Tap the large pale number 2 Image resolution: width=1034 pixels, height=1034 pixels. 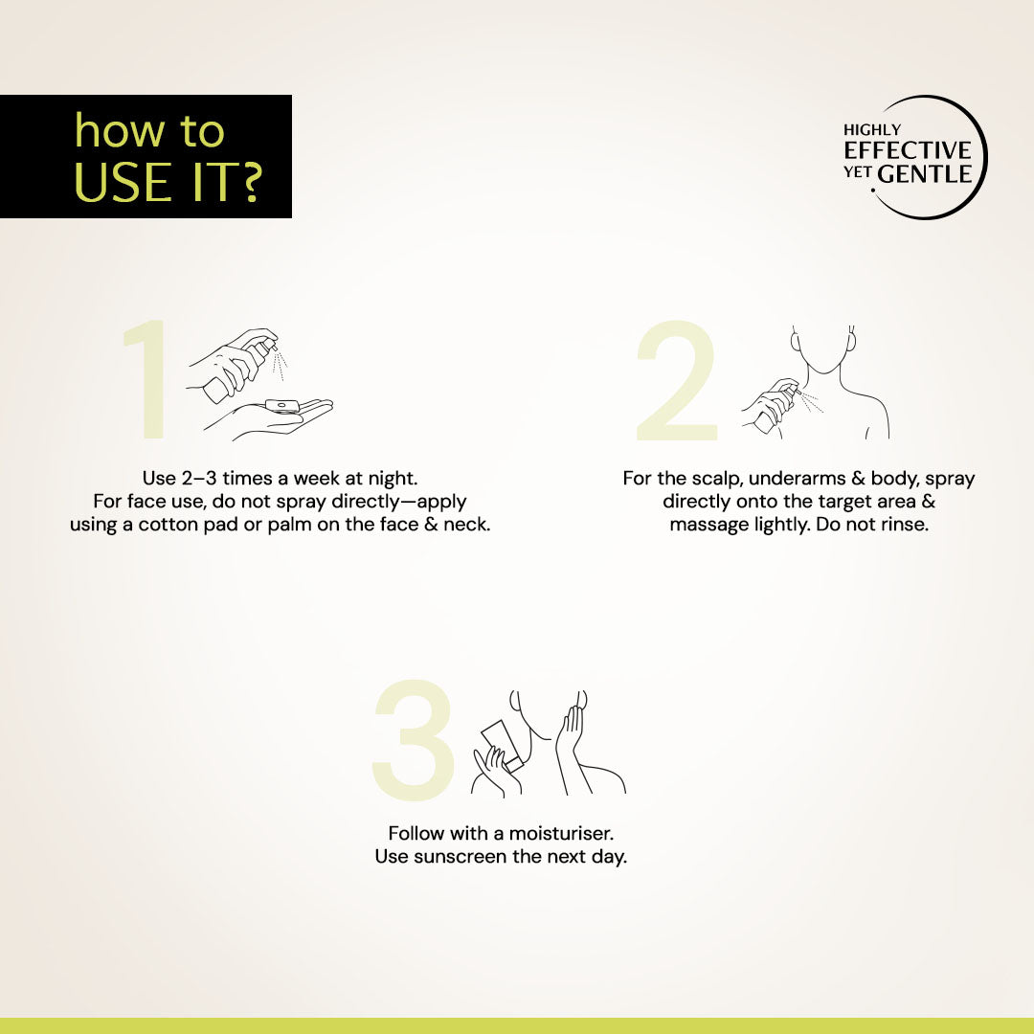[x=677, y=380]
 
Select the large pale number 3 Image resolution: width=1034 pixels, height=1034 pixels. [x=415, y=740]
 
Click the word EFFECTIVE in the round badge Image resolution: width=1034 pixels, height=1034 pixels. [x=908, y=150]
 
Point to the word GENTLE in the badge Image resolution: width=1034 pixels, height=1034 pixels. [x=925, y=174]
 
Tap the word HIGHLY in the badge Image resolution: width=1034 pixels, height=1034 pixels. [x=872, y=130]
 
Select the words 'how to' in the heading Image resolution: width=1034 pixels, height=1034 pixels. [x=149, y=130]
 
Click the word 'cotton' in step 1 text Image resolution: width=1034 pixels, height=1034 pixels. [x=169, y=525]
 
